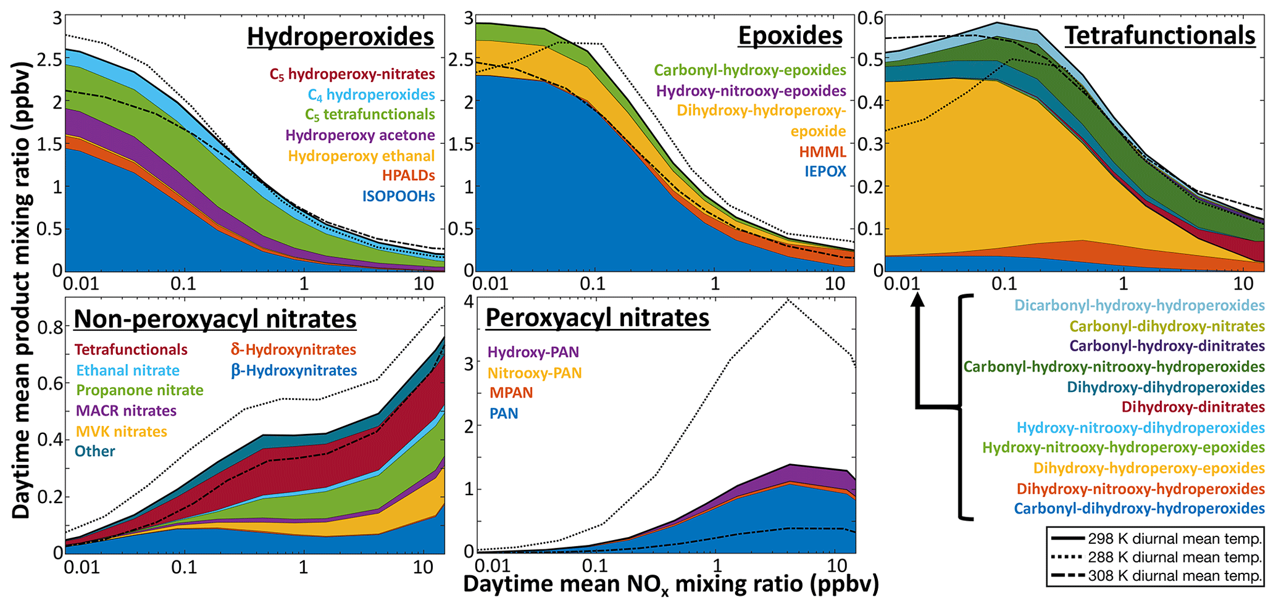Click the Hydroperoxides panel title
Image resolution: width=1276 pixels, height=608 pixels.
click(x=340, y=37)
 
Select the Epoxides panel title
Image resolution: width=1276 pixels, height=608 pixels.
click(x=790, y=36)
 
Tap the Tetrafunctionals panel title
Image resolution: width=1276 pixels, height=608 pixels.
click(x=1160, y=36)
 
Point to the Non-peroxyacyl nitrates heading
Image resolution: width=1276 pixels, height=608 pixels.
click(x=215, y=319)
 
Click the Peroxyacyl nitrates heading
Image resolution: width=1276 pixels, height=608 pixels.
click(x=598, y=318)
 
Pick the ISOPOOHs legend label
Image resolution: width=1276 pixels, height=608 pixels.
click(x=398, y=196)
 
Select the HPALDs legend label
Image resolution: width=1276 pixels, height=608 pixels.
click(x=408, y=176)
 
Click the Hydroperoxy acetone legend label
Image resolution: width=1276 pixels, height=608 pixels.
click(x=360, y=135)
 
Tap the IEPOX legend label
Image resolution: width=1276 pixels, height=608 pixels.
click(x=825, y=172)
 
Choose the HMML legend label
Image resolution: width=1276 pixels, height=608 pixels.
click(x=822, y=152)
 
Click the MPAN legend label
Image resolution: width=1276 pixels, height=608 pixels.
click(x=511, y=393)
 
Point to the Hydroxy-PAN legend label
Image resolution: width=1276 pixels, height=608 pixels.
click(x=533, y=352)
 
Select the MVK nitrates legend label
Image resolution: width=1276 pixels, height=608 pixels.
click(x=121, y=431)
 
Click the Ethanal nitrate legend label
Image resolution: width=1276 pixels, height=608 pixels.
click(x=128, y=370)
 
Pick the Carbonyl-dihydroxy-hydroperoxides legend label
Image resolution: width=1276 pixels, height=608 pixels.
click(x=1139, y=509)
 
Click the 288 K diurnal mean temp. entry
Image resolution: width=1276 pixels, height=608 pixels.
click(x=1174, y=557)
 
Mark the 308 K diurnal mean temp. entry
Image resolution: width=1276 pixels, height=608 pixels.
click(x=1174, y=577)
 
